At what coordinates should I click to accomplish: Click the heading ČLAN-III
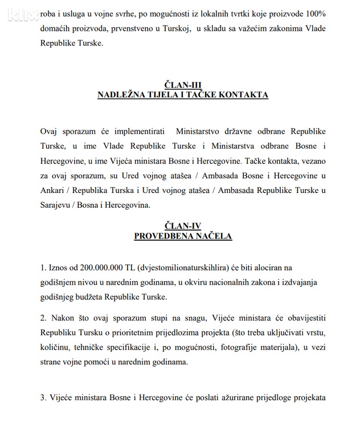pyautogui.click(x=183, y=85)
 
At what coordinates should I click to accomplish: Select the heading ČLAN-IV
pyautogui.click(x=183, y=226)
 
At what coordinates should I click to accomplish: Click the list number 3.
pyautogui.click(x=43, y=398)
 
